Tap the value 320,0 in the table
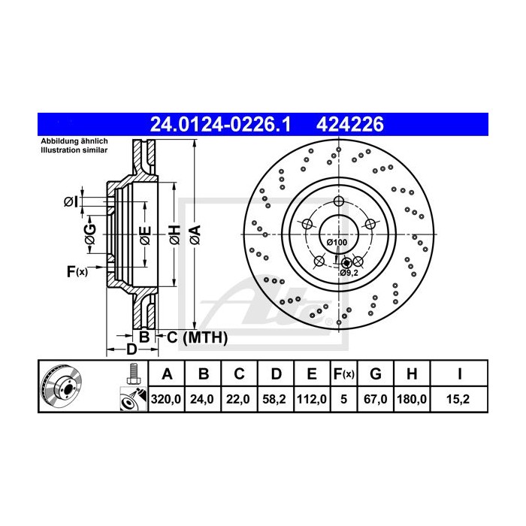[x=167, y=400]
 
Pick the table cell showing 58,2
[x=277, y=400]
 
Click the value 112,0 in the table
[x=312, y=400]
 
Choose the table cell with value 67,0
[x=377, y=400]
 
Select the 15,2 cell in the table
[x=458, y=400]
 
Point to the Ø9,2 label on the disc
[x=349, y=272]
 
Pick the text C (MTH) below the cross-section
[x=197, y=338]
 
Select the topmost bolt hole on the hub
[x=338, y=201]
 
